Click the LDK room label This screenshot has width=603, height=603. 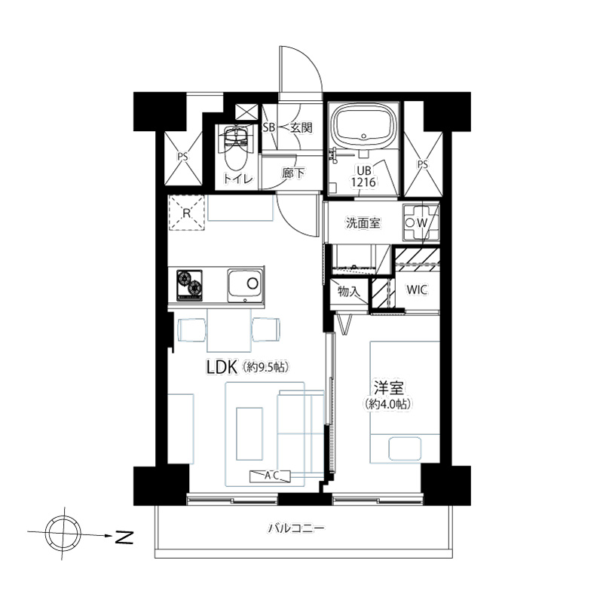pos(222,367)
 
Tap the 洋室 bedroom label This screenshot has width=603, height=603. pos(389,388)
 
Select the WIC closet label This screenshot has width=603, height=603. pos(418,290)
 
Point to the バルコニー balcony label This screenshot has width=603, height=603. pos(296,528)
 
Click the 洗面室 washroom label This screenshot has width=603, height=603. pos(363,222)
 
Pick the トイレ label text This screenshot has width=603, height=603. pos(238,179)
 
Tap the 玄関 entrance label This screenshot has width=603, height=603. pos(301,127)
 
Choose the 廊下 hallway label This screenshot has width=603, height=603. pos(293,173)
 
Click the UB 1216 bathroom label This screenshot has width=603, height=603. pos(364,176)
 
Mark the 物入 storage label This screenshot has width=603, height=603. pos(348,292)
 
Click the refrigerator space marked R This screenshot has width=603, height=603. pos(186,213)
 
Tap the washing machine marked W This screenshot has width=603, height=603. pos(421,222)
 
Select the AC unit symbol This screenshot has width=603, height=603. pos(271,476)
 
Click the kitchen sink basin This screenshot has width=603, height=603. pos(246,284)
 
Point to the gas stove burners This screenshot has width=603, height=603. pos(189,285)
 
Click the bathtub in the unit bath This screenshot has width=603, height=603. pos(363,125)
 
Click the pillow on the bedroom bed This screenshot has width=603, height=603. pos(405,448)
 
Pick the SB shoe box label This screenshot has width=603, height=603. pos(269,127)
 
